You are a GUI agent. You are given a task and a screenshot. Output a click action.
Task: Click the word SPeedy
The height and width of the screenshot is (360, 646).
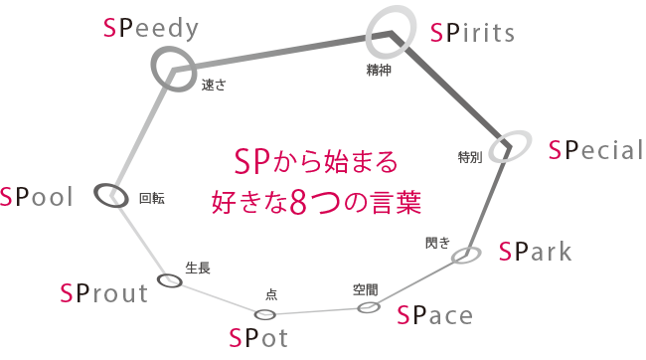click(x=151, y=28)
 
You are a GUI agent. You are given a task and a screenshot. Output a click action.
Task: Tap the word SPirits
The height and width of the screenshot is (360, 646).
click(x=473, y=34)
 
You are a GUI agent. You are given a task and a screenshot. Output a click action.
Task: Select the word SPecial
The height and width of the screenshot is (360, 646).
click(x=596, y=150)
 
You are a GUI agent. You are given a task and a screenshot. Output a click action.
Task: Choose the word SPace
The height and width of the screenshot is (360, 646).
click(x=434, y=316)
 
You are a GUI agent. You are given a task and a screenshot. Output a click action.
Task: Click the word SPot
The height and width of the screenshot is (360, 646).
click(x=257, y=338)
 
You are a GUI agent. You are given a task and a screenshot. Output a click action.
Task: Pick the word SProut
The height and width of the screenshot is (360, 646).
click(x=103, y=292)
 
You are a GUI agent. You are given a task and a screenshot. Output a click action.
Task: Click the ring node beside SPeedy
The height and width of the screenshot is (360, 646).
click(x=175, y=70)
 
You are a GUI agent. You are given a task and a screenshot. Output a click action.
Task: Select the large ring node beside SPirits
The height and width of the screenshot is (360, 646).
click(x=390, y=33)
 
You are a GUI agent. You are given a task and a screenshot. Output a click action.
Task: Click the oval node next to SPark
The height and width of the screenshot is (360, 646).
click(x=466, y=256)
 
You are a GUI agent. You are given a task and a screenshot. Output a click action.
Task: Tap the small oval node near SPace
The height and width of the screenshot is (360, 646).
click(x=369, y=307)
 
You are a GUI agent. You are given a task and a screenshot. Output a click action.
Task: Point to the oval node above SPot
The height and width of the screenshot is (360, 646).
click(x=264, y=315)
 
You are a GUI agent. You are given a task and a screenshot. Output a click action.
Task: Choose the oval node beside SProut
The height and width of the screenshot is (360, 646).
click(x=170, y=280)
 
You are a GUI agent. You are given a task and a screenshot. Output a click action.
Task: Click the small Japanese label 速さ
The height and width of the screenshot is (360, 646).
click(x=214, y=86)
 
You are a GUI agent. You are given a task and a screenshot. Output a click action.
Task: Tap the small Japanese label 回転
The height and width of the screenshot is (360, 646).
click(x=152, y=199)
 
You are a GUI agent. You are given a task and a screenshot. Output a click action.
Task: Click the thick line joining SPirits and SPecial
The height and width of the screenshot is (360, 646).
click(x=452, y=91)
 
